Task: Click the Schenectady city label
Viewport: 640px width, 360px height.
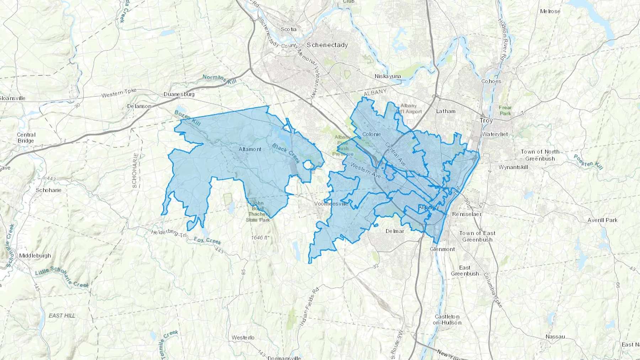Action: (327, 45)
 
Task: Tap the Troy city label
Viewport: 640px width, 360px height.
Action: (486, 120)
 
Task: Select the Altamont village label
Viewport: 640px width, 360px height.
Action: (250, 149)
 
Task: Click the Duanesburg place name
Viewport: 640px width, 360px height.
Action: (179, 94)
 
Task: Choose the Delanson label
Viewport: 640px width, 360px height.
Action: (139, 106)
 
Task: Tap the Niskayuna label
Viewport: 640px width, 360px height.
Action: (388, 76)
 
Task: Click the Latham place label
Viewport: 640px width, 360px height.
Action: (446, 111)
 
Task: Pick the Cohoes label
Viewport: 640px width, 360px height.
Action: (491, 81)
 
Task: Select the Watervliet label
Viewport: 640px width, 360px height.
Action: (495, 134)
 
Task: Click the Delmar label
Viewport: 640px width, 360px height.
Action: (395, 231)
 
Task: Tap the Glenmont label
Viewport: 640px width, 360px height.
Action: (442, 249)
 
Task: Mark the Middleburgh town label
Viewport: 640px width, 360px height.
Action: (35, 256)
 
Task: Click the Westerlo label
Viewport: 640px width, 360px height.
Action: (243, 337)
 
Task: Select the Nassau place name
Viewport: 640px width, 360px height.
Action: (555, 337)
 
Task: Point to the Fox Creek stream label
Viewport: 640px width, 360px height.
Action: (208, 241)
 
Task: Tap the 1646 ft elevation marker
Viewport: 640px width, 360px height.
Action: (260, 237)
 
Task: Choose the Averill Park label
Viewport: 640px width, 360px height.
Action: (602, 220)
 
